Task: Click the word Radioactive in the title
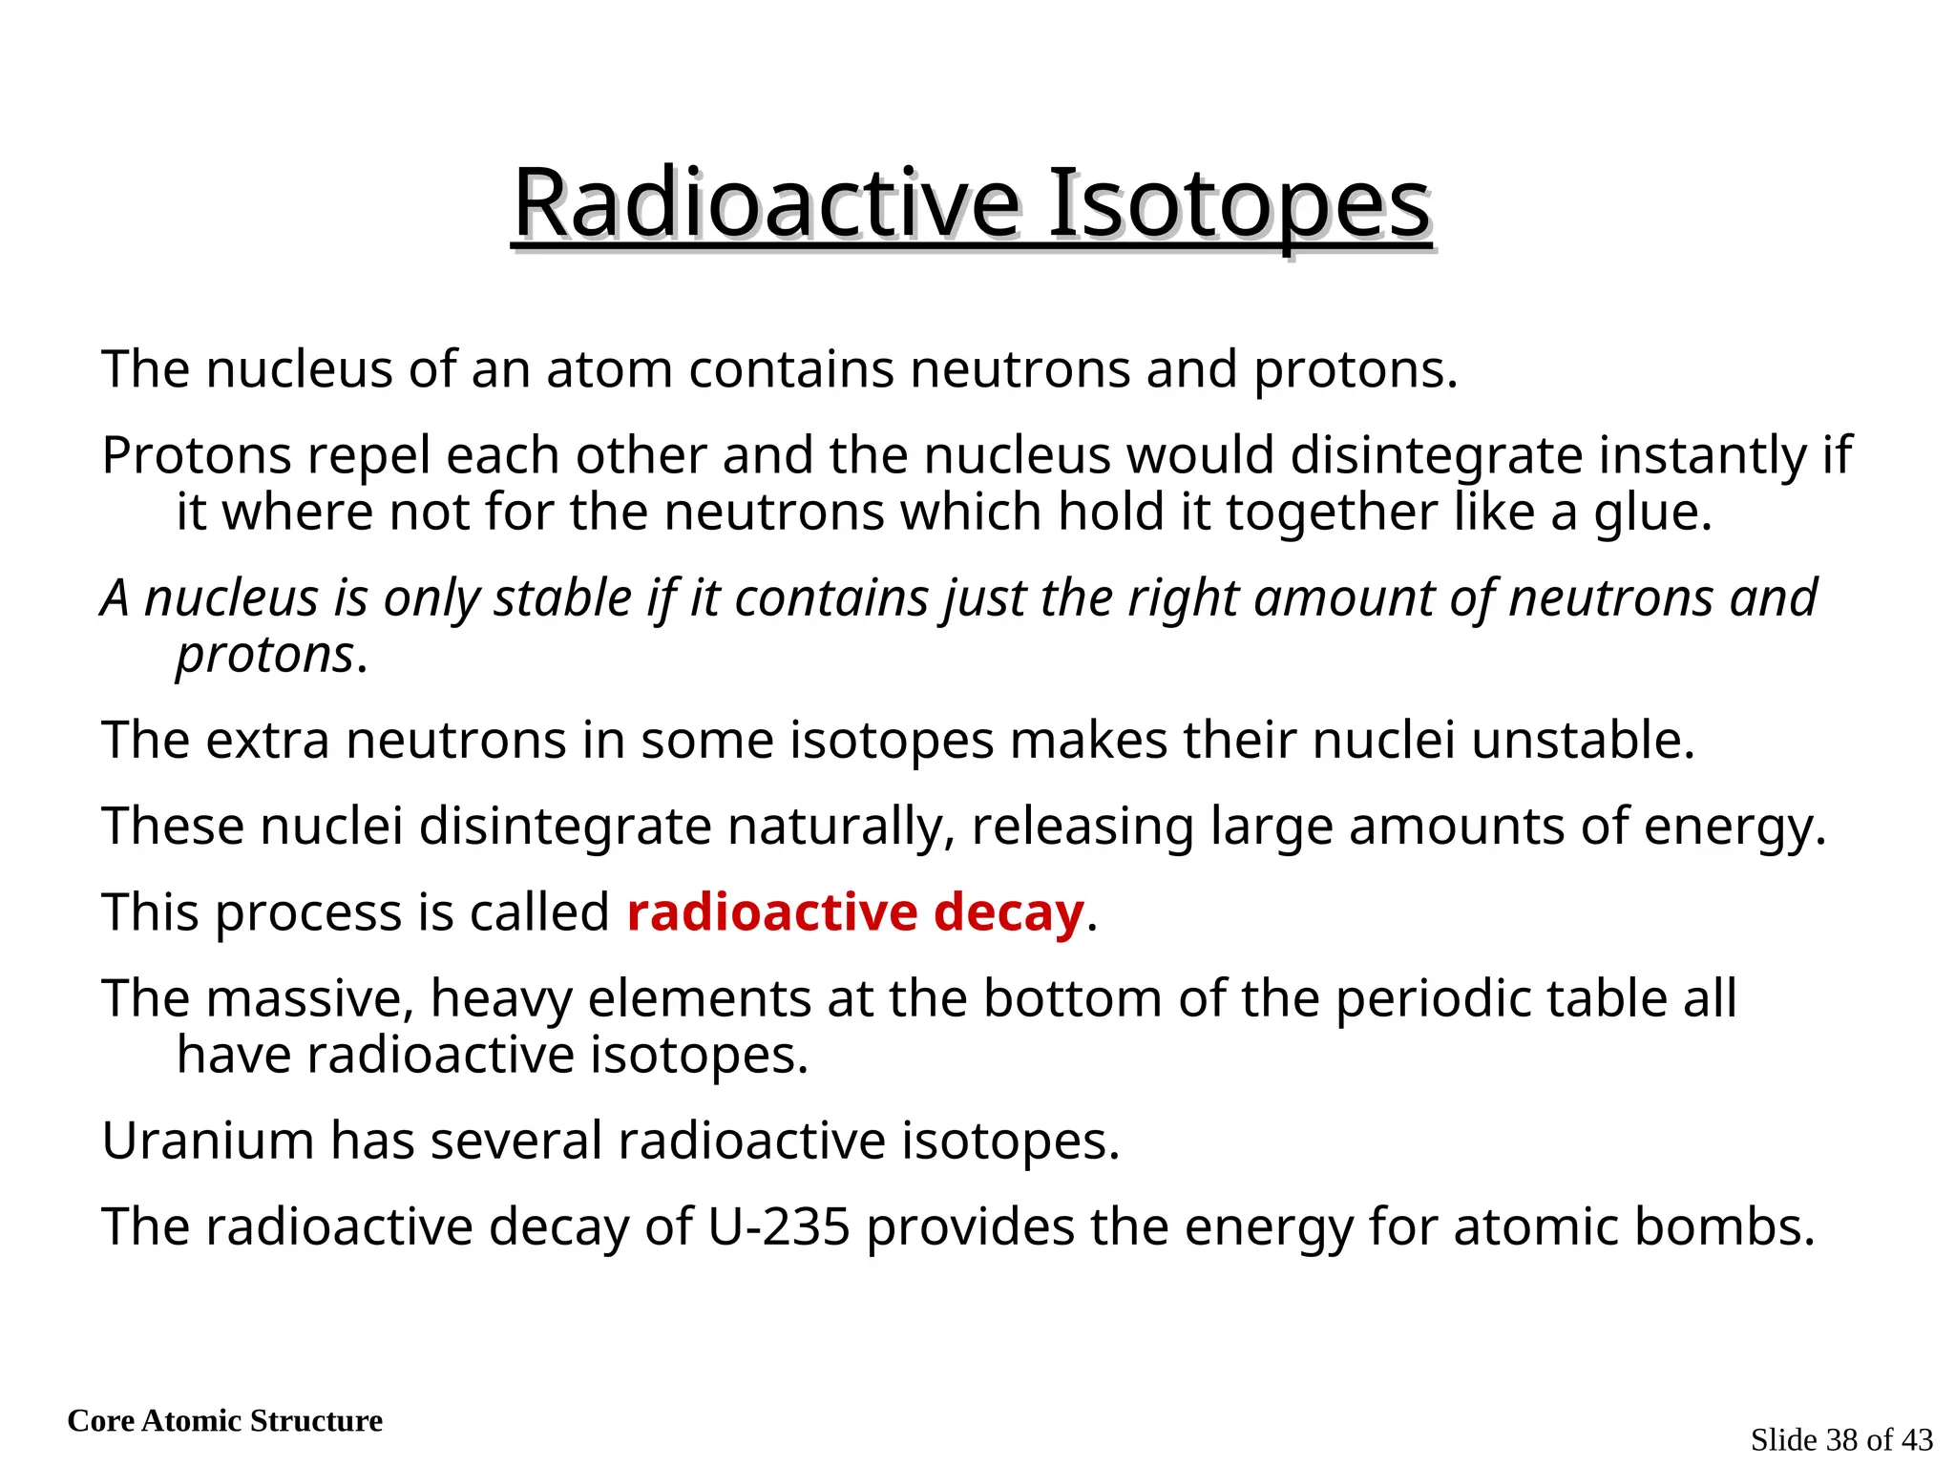pyautogui.click(x=767, y=203)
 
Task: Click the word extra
pyautogui.click(x=267, y=741)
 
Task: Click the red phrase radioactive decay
pyautogui.click(x=855, y=912)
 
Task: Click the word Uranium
pyautogui.click(x=208, y=1141)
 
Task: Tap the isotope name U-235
pyautogui.click(x=778, y=1227)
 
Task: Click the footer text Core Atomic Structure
pyautogui.click(x=225, y=1421)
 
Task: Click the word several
pyautogui.click(x=516, y=1141)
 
